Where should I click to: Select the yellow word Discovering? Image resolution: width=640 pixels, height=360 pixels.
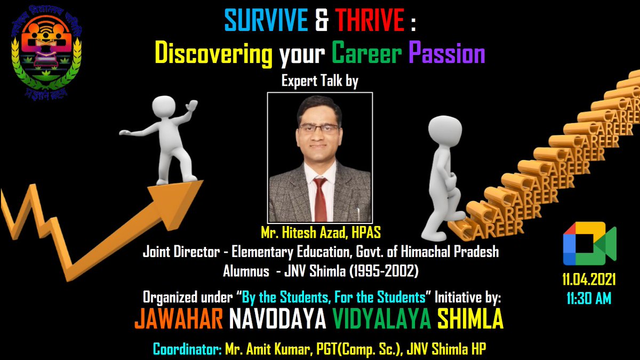[213, 53]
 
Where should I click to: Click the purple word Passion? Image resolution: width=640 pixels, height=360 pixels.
[446, 53]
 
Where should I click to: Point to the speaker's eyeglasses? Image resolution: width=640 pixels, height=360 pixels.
[318, 129]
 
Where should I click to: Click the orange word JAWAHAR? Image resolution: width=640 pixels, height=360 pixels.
[178, 320]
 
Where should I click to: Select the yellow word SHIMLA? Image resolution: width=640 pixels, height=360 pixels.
[470, 320]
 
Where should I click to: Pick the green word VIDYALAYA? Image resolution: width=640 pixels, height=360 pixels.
[381, 320]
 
